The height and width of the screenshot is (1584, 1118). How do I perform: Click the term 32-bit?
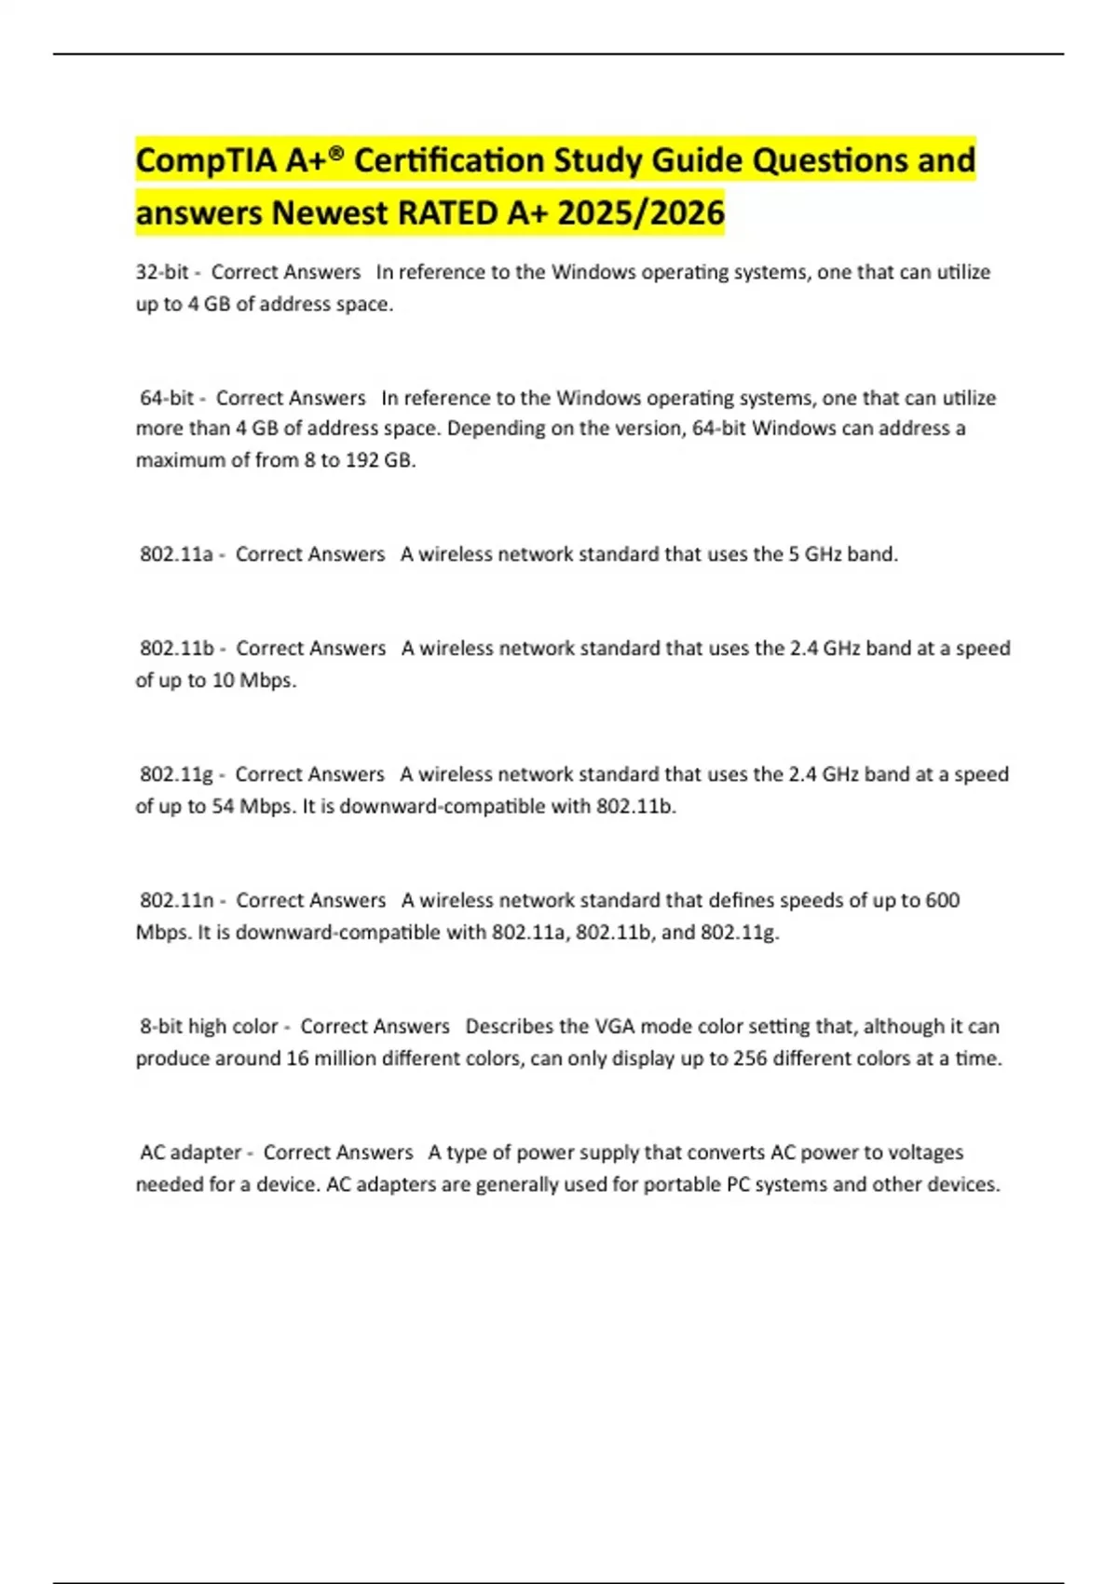(162, 272)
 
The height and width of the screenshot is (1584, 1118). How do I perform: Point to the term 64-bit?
(167, 398)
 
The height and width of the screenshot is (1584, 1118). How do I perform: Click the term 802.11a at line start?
(176, 554)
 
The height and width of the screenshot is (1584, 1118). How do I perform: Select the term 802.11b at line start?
(177, 649)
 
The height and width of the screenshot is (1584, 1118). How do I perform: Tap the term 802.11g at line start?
(176, 774)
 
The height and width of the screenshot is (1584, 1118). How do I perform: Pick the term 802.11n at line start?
(177, 900)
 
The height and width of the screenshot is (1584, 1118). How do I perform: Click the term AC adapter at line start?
(191, 1153)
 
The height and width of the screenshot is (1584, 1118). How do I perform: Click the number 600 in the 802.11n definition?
(942, 900)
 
